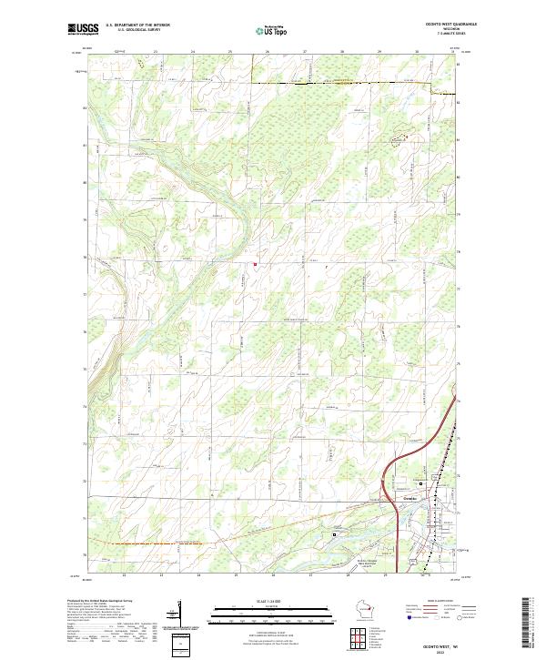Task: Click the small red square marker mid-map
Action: coord(255,265)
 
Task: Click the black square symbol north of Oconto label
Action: coord(421,482)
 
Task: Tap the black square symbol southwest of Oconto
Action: coord(334,534)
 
